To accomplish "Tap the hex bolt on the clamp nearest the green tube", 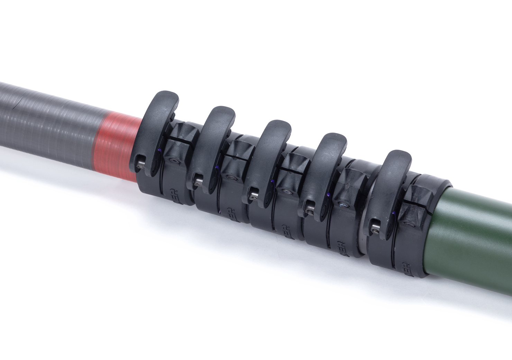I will pos(412,224).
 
